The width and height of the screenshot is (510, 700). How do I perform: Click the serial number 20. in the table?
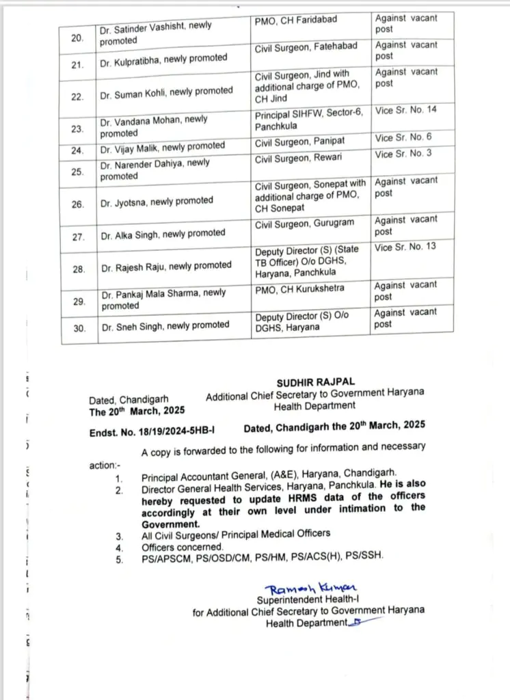(78, 38)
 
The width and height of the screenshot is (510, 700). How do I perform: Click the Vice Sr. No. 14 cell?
(406, 109)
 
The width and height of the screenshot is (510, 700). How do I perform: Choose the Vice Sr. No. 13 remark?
(406, 247)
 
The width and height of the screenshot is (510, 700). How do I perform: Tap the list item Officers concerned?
(183, 547)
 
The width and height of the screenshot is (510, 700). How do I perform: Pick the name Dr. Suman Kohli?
(166, 91)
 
